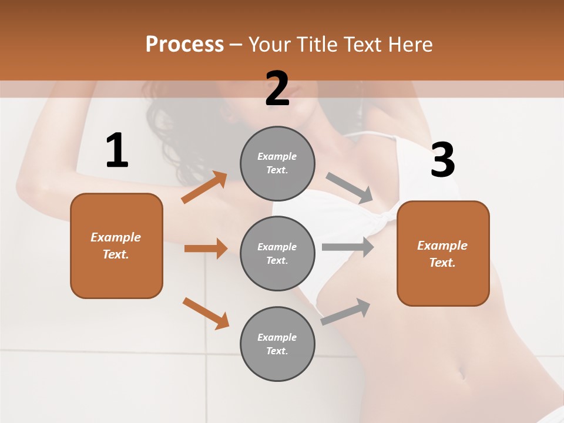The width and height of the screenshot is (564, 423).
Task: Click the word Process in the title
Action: [x=184, y=45]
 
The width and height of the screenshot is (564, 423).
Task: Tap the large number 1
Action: [x=117, y=150]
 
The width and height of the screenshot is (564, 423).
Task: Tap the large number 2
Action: [x=277, y=89]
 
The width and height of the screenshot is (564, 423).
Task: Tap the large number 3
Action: [x=443, y=160]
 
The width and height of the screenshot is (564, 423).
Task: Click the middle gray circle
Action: [x=277, y=254]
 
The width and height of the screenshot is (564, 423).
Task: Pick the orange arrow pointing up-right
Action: [x=204, y=187]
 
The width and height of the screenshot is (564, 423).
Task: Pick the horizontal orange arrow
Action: [x=206, y=249]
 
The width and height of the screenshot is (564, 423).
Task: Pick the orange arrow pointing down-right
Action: [x=206, y=313]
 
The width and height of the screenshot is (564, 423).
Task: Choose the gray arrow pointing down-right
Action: [x=350, y=188]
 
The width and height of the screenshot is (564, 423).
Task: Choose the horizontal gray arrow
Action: [x=348, y=247]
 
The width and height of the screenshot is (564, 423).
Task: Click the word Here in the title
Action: [x=410, y=45]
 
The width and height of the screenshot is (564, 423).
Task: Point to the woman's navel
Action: [x=462, y=373]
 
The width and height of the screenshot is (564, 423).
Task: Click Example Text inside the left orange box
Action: [x=116, y=246]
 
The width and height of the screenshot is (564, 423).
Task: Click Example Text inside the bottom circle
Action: [x=277, y=344]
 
